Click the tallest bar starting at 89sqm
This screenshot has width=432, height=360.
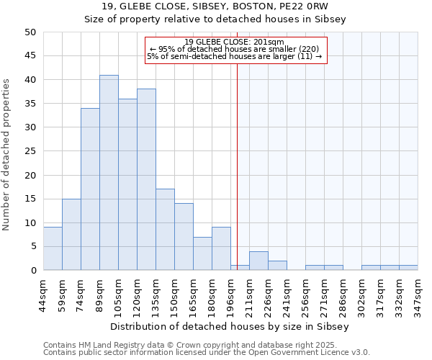coord(109,173)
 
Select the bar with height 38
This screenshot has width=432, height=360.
coord(146,180)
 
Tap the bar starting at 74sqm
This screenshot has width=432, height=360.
coord(90,189)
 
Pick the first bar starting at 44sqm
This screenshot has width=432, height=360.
coord(53,248)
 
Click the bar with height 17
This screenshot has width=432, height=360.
coord(165,230)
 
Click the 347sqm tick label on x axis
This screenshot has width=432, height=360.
coord(418,292)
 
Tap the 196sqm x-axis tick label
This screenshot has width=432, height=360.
coord(230,292)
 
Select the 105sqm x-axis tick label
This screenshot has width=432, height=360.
coord(118,292)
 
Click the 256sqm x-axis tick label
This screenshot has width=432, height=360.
coord(305,292)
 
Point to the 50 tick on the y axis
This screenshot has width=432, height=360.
coord(30,32)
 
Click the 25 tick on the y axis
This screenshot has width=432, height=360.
coord(30,151)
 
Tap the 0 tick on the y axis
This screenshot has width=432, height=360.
coord(33,270)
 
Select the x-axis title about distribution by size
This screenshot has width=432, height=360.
coord(230,326)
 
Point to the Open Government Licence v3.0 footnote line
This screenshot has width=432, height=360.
coord(207,353)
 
